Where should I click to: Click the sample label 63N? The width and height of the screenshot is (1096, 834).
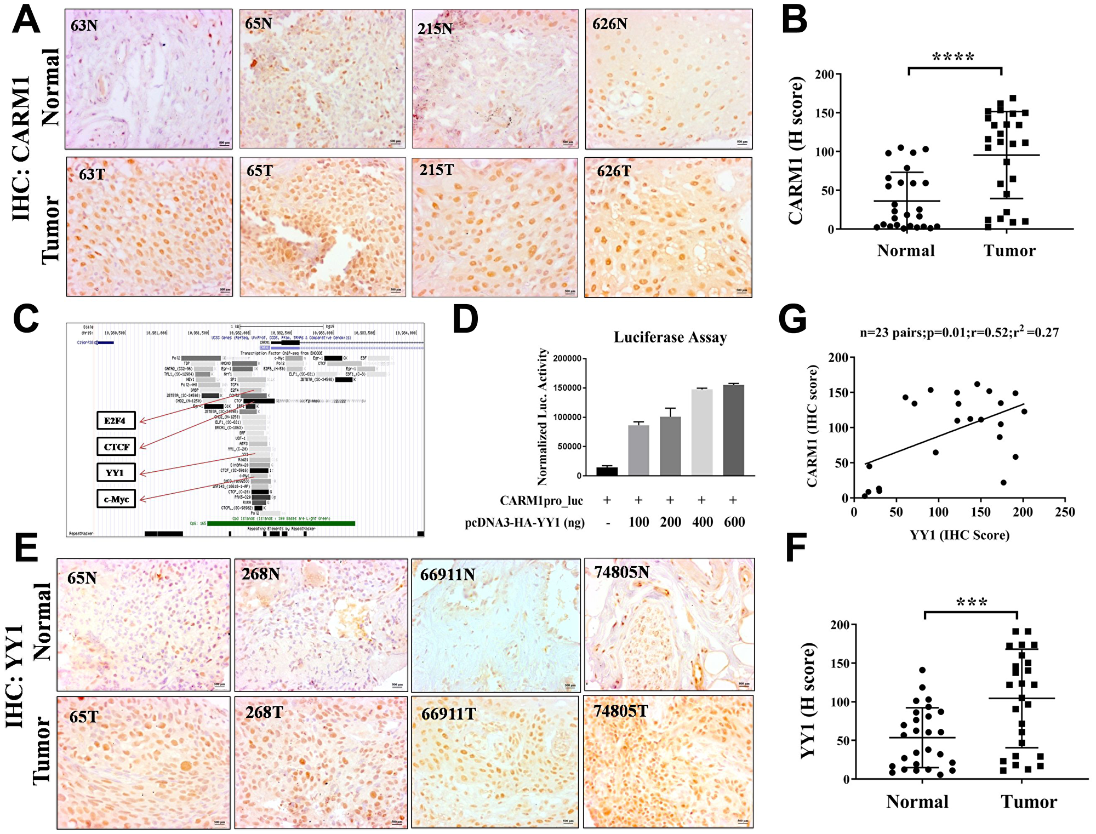84,25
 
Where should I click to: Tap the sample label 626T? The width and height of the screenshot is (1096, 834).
614,172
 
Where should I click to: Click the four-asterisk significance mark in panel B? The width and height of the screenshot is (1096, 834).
953,58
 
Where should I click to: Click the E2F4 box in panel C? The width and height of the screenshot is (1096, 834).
116,421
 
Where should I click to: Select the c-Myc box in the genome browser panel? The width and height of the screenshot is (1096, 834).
116,499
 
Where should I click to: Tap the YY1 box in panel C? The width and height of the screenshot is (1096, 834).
116,473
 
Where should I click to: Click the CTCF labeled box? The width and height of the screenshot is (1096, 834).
116,447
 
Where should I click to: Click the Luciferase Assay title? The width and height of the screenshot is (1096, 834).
670,338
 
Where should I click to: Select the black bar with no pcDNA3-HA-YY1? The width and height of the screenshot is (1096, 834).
607,471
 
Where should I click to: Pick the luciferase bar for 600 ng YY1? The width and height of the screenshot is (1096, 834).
733,430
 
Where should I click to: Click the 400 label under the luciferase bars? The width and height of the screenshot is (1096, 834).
702,522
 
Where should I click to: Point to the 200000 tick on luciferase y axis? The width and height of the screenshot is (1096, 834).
567,358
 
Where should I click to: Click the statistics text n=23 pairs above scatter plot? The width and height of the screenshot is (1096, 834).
958,333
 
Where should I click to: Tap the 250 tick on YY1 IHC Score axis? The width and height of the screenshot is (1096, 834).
1065,512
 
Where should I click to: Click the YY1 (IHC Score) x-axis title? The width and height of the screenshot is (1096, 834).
959,535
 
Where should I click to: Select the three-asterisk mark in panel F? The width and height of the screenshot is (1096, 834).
972,603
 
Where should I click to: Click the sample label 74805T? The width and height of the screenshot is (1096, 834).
620,711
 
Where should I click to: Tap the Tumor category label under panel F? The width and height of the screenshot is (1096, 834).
1029,802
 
